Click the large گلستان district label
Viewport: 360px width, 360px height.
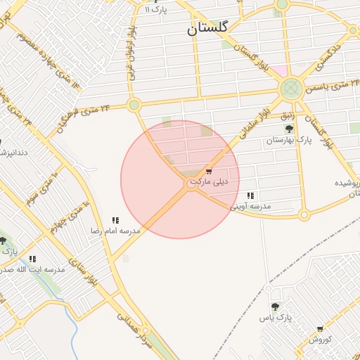(209, 30)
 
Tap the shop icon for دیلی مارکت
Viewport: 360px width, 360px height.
(209, 172)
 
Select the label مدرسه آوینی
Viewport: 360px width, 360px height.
(251, 207)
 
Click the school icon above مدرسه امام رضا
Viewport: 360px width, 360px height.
(115, 220)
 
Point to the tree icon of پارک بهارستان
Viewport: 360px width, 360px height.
(288, 129)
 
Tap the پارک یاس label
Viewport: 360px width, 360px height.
(275, 319)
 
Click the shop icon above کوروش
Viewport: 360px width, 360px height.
(320, 329)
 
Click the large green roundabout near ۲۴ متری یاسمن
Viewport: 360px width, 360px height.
(290, 89)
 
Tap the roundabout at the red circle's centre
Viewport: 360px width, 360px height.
(192, 184)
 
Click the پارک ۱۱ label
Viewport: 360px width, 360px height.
(157, 10)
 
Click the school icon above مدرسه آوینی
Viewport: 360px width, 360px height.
(251, 195)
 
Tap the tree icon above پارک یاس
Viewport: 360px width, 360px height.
(275, 307)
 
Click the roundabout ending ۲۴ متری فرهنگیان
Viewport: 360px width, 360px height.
(134, 105)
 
